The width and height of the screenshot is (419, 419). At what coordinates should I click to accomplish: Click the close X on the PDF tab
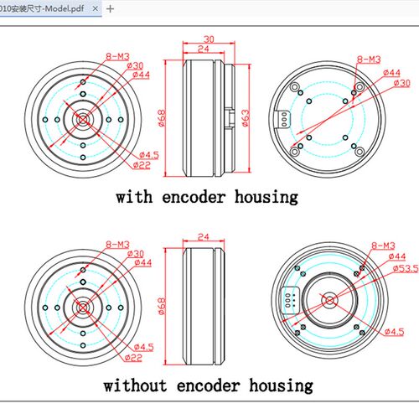[x=95, y=8]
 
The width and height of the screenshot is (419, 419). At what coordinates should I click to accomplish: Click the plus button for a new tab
[x=111, y=9]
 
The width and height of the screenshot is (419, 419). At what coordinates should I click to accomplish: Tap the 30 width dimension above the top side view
[x=209, y=39]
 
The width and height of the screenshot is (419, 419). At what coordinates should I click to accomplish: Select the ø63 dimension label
[x=245, y=118]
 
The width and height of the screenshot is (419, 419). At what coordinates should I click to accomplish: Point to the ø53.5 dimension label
[x=406, y=269]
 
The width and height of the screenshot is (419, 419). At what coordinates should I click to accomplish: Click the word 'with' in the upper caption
[x=134, y=197]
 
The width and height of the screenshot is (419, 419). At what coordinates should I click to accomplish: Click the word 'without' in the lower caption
[x=135, y=385]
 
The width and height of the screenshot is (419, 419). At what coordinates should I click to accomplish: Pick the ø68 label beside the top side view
[x=162, y=118]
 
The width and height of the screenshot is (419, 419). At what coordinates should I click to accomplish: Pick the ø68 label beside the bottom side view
[x=162, y=307]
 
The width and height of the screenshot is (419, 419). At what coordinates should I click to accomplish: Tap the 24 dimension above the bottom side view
[x=203, y=237]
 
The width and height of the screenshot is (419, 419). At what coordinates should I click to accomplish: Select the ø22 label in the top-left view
[x=142, y=165]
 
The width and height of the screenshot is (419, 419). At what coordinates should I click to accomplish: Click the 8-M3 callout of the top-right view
[x=369, y=59]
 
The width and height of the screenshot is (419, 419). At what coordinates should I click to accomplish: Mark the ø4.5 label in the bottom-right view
[x=394, y=332]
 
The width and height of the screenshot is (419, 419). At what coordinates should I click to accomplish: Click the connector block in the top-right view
[x=282, y=119]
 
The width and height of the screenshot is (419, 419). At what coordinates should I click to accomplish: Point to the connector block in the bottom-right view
[x=290, y=300]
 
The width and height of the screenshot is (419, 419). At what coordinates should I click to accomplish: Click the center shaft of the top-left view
[x=83, y=120]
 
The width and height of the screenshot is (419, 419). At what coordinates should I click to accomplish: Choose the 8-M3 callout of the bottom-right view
[x=383, y=246]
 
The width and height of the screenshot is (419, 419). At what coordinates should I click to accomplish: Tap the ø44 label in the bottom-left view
[x=143, y=262]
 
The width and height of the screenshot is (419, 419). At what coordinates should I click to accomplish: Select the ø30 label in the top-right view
[x=402, y=83]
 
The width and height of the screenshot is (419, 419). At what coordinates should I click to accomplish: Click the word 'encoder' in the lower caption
[x=209, y=385]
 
